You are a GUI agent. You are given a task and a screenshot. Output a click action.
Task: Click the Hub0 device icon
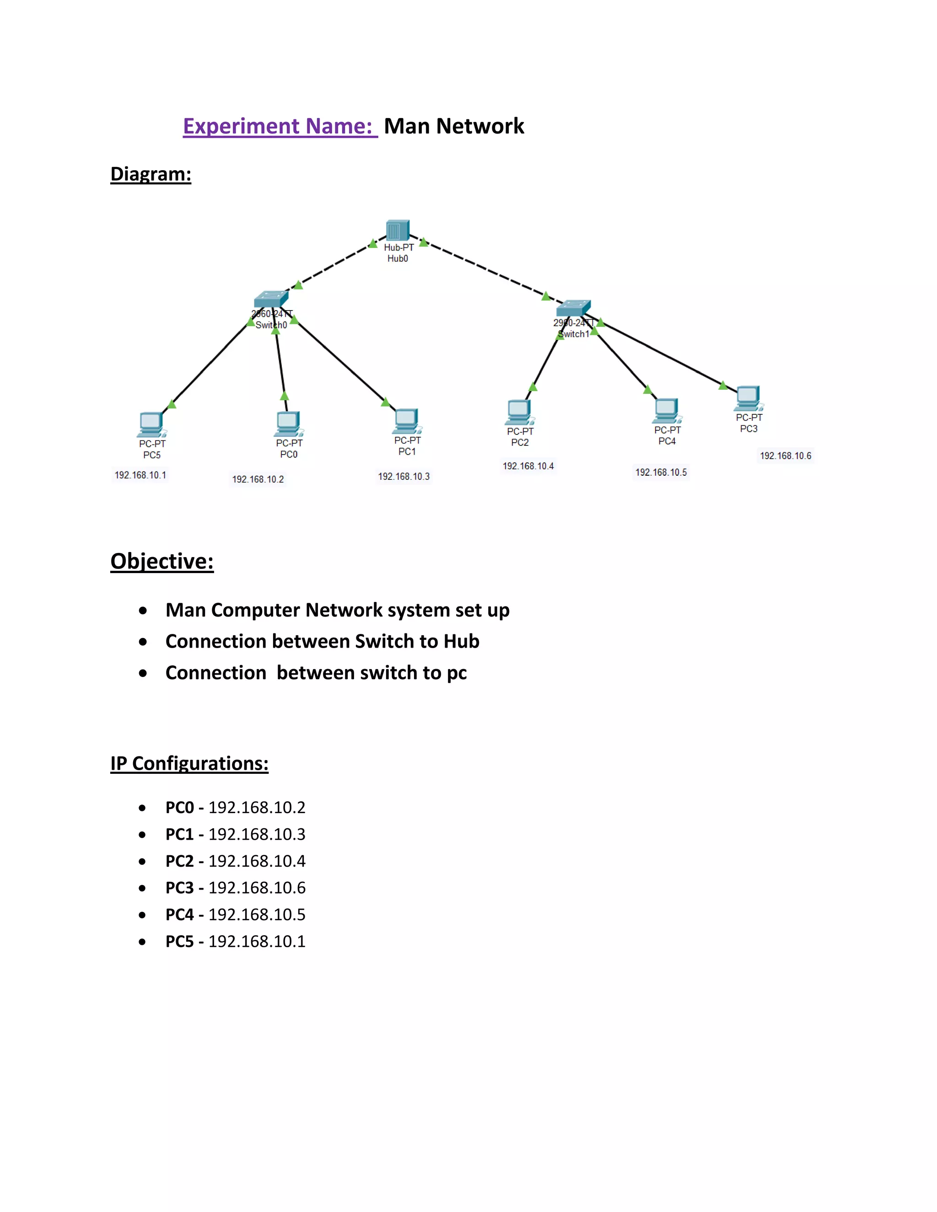[398, 231]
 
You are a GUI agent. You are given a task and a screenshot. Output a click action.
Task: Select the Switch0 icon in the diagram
[271, 299]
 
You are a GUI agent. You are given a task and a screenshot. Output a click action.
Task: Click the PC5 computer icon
[151, 425]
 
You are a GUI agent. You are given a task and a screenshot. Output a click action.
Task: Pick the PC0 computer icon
[289, 424]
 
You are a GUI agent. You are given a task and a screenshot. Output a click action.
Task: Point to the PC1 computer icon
[407, 421]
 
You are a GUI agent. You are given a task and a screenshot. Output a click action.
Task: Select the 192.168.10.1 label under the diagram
[140, 475]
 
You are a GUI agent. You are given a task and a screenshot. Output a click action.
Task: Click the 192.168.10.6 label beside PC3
[786, 456]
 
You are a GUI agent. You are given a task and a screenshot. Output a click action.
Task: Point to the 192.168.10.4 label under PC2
[528, 466]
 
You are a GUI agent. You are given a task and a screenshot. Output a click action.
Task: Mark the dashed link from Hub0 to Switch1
[489, 271]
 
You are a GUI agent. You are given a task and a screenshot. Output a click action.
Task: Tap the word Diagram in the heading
[151, 174]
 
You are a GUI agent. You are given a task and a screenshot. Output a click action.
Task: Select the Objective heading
[162, 561]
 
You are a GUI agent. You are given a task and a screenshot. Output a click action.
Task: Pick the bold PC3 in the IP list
[179, 887]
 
